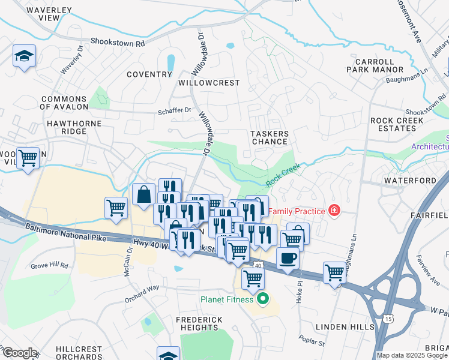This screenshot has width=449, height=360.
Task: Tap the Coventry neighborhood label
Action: tap(149, 74)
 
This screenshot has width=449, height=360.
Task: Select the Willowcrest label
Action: tap(209, 83)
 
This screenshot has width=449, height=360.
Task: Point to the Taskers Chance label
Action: tap(270, 138)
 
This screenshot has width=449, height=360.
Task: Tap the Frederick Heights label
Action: tap(199, 324)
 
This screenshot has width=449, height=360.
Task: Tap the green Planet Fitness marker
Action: tap(262, 298)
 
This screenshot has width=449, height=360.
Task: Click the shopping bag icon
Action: tap(143, 194)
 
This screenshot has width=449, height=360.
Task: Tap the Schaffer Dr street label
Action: tap(174, 110)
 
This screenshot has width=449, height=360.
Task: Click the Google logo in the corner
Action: tap(19, 353)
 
